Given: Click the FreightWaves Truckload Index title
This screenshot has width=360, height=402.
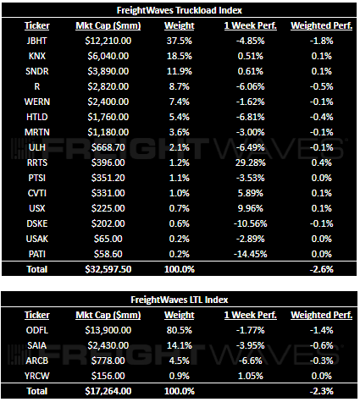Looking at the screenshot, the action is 180,10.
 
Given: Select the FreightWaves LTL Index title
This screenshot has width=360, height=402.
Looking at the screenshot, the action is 180,300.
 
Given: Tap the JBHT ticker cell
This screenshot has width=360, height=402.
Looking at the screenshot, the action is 36,41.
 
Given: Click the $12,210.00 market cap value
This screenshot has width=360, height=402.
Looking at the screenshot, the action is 108,41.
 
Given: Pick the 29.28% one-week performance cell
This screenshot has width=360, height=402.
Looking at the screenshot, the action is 251,162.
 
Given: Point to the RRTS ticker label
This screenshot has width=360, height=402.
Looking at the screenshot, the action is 37,162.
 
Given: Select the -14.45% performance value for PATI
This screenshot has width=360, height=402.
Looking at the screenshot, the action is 250,254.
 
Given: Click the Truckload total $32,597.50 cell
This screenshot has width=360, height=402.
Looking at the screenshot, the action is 108,269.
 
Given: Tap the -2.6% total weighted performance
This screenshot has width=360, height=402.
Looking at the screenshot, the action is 321,269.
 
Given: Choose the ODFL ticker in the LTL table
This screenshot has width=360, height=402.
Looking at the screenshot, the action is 37,330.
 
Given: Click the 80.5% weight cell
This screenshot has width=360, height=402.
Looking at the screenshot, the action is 180,330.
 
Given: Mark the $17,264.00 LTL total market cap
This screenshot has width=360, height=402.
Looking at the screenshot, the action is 108,391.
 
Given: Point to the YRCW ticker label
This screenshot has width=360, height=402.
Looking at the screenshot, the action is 37,376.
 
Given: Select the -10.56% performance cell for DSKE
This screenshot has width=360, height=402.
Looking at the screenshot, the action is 250,223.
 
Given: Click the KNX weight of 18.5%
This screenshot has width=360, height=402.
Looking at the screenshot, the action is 180,56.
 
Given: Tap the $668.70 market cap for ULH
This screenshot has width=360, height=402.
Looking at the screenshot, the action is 108,147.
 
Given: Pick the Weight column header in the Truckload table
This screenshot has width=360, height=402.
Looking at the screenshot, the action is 180,25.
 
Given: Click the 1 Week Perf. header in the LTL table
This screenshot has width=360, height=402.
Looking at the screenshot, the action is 251,315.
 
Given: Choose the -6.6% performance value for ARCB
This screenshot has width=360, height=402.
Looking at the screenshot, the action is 251,361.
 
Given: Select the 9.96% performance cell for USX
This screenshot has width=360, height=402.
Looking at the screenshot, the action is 251,208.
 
